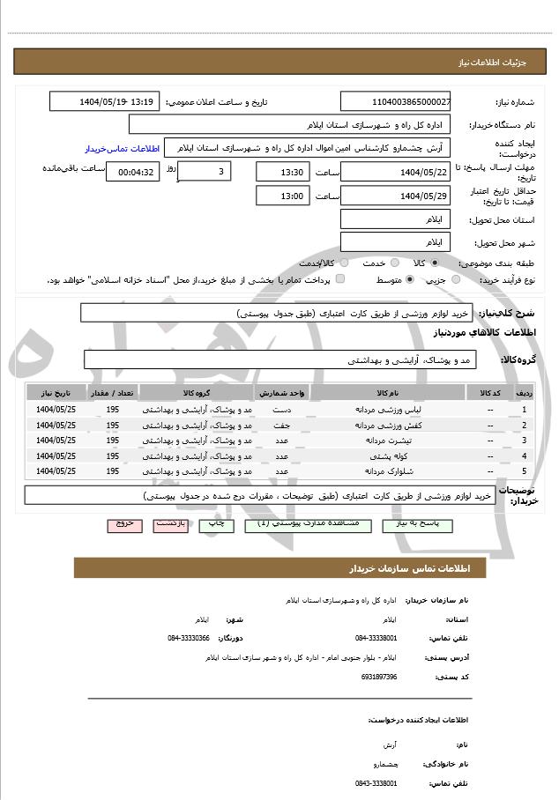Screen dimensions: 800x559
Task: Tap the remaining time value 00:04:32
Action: [x=132, y=172]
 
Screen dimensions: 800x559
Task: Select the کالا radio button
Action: [x=436, y=263]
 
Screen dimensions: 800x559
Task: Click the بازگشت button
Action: [x=172, y=523]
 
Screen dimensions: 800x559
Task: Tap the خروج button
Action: [x=124, y=523]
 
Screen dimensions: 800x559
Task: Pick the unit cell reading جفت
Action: [x=281, y=425]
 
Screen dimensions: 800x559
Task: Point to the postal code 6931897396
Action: [x=379, y=677]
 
